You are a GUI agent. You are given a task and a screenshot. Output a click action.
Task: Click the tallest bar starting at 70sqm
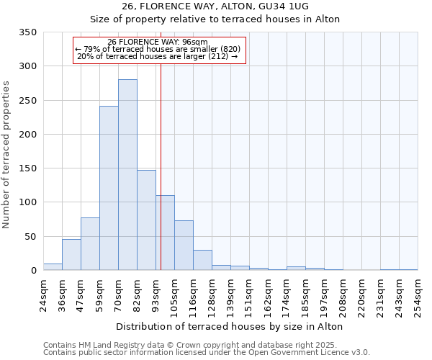click(127, 175)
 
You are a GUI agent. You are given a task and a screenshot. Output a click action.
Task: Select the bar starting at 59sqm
click(109, 188)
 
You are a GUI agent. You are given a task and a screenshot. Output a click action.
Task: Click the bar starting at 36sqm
click(71, 255)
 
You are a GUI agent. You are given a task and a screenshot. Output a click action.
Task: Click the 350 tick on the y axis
click(28, 32)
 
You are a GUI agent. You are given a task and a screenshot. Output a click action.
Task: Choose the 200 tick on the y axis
click(28, 135)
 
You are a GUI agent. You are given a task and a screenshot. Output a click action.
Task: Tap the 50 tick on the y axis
click(31, 236)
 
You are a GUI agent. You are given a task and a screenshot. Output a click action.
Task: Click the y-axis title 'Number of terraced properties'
click(6, 155)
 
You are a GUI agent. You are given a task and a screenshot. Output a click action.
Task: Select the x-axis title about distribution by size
click(229, 326)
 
